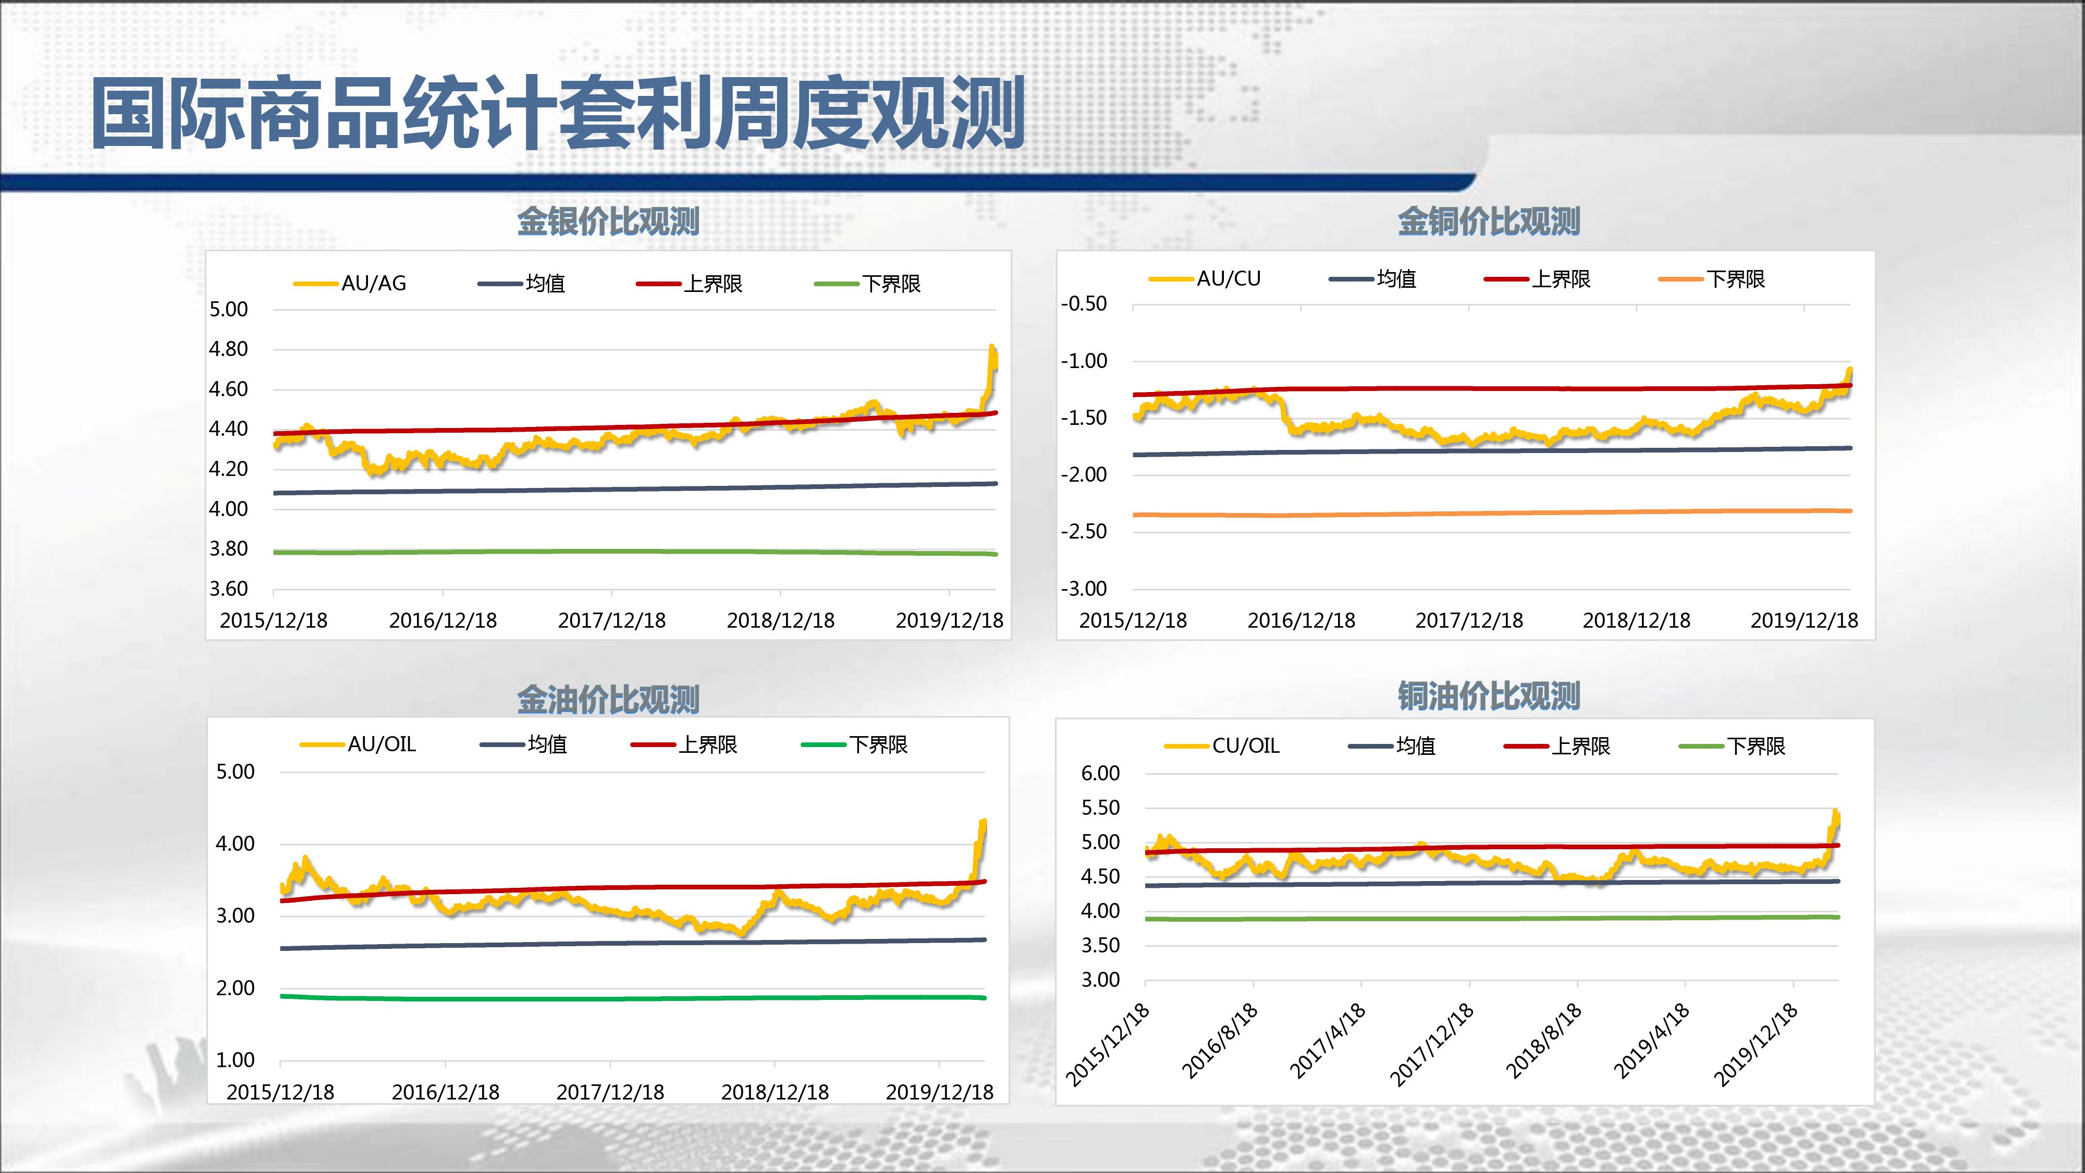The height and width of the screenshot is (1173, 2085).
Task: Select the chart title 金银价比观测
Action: coord(608,221)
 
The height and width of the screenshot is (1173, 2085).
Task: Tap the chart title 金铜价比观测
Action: coord(1489,221)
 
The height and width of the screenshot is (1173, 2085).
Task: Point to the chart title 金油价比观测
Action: coord(608,700)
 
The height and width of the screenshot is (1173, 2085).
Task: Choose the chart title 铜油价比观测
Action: coord(1489,695)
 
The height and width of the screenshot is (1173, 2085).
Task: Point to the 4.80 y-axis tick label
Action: coord(228,349)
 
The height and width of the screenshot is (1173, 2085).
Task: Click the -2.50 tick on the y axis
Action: coord(1084,531)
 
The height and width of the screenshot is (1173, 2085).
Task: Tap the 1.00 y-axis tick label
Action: coord(235,1060)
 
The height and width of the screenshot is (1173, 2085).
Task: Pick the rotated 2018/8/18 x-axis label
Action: coord(1543,1041)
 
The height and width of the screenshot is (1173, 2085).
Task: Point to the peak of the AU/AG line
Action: coord(991,347)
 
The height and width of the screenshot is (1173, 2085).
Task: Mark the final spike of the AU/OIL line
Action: coord(984,823)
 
